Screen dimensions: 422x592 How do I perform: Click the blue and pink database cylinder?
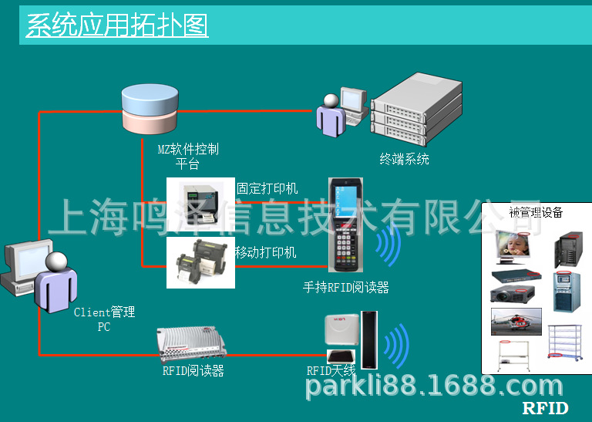150,109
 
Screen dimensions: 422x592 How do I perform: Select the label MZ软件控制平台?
188,156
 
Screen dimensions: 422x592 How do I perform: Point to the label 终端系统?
405,160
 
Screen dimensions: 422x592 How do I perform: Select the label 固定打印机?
267,188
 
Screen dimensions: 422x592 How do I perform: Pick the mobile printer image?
200,262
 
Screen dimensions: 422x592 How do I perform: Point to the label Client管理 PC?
104,319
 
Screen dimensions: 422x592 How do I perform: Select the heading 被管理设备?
536,212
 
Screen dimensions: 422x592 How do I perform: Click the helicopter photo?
516,322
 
